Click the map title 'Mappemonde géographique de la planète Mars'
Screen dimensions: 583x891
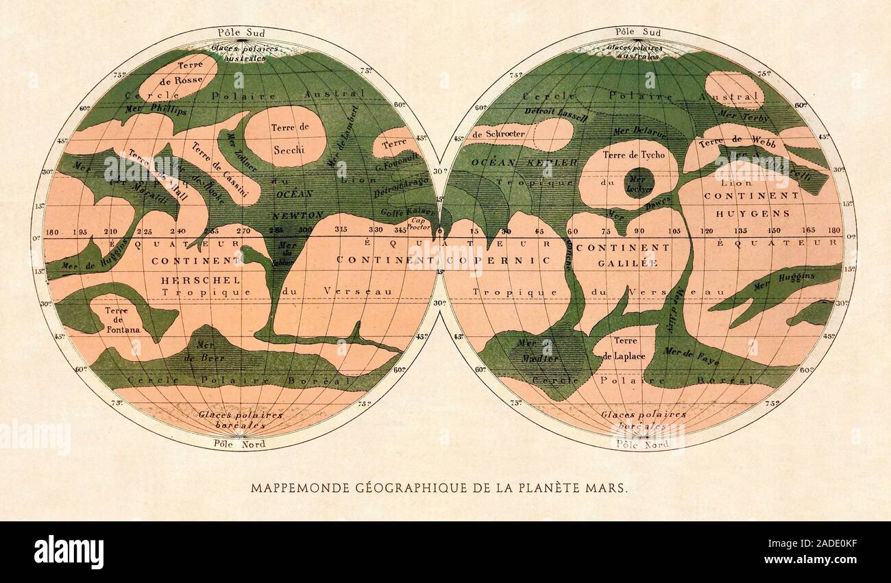pos(438,488)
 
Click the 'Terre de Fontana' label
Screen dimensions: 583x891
pos(123,320)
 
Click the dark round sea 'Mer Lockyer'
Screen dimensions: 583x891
pos(639,183)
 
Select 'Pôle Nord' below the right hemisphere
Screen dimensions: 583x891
pos(642,444)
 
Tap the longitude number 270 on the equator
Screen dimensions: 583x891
pos(244,231)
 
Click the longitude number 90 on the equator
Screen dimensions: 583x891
pos(639,231)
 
